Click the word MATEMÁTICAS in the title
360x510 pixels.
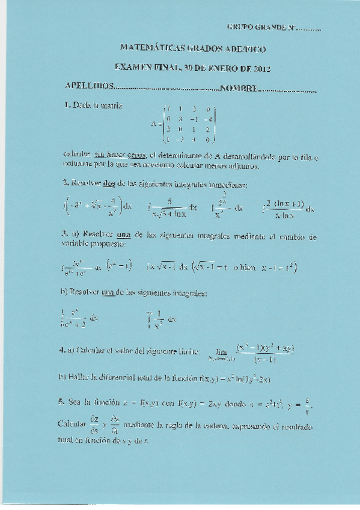tap(145, 48)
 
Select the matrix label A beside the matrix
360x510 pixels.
tap(154, 125)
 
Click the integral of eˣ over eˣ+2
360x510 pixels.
tap(79, 317)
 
